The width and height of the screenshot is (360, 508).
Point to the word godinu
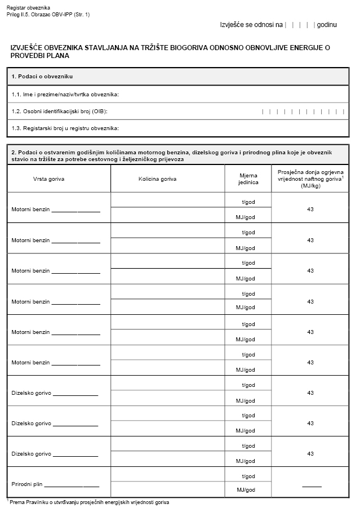pos(327,25)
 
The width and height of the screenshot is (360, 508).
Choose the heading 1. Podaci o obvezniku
pos(42,76)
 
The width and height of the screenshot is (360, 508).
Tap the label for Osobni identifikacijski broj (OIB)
pos(59,111)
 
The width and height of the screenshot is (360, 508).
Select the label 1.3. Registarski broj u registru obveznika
pos(65,128)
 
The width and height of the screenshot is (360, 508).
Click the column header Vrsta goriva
pos(48,179)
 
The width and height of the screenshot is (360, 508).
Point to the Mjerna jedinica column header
pos(248,179)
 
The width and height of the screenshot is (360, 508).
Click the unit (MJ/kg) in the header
pos(310,185)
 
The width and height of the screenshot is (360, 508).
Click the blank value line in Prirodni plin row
pos(312,486)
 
